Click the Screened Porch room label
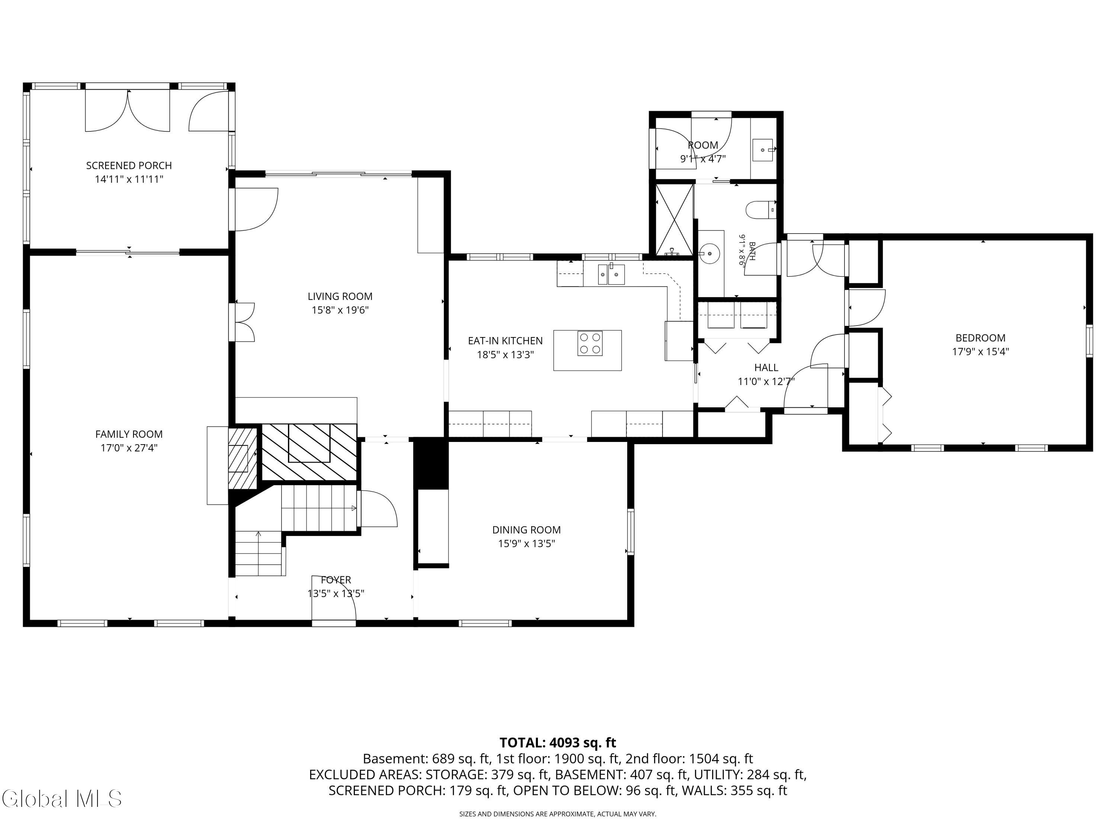129,166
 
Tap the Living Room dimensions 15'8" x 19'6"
340,310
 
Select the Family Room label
129,434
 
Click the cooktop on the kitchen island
590,344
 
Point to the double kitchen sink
612,275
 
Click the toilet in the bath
760,210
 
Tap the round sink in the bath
711,252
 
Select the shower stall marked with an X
674,219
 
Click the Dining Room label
526,530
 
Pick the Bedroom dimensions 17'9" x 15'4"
980,352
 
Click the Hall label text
766,368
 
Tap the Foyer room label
336,580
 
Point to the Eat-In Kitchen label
505,341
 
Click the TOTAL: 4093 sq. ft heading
558,743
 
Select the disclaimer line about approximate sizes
558,814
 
